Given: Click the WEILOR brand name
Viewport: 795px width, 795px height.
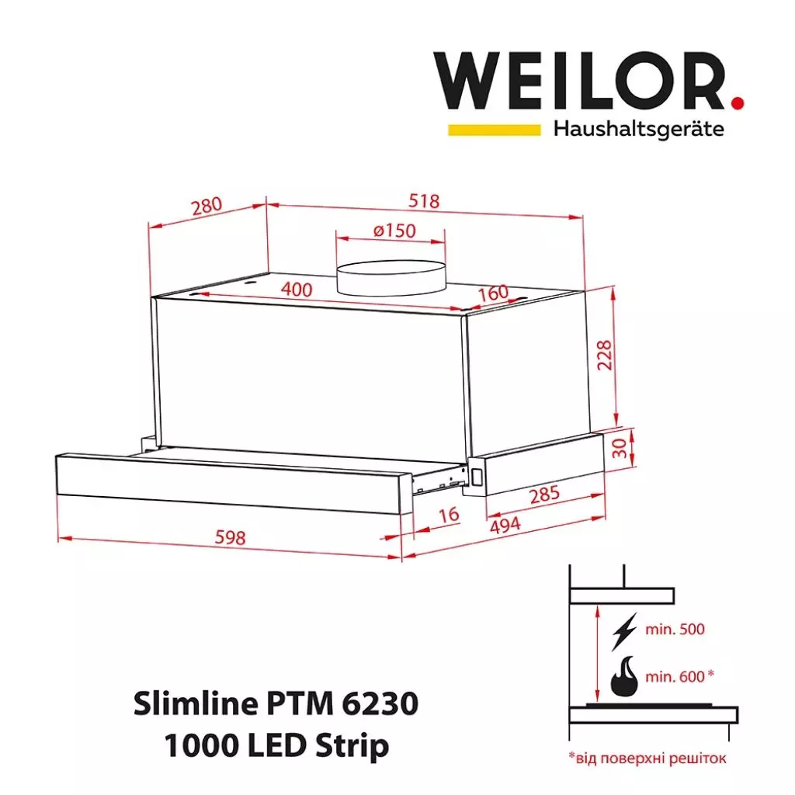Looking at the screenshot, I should click(x=578, y=82).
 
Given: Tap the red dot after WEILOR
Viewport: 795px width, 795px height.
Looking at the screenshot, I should click(x=737, y=101).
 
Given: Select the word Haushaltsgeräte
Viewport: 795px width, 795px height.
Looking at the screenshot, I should click(x=638, y=128).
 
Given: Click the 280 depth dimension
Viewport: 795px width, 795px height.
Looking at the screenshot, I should click(x=207, y=207).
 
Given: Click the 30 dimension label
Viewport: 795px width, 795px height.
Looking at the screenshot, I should click(x=618, y=448).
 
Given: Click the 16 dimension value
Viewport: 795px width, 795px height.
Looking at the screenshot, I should click(x=449, y=514).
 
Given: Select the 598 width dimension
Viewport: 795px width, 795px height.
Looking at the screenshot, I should click(x=230, y=536).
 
